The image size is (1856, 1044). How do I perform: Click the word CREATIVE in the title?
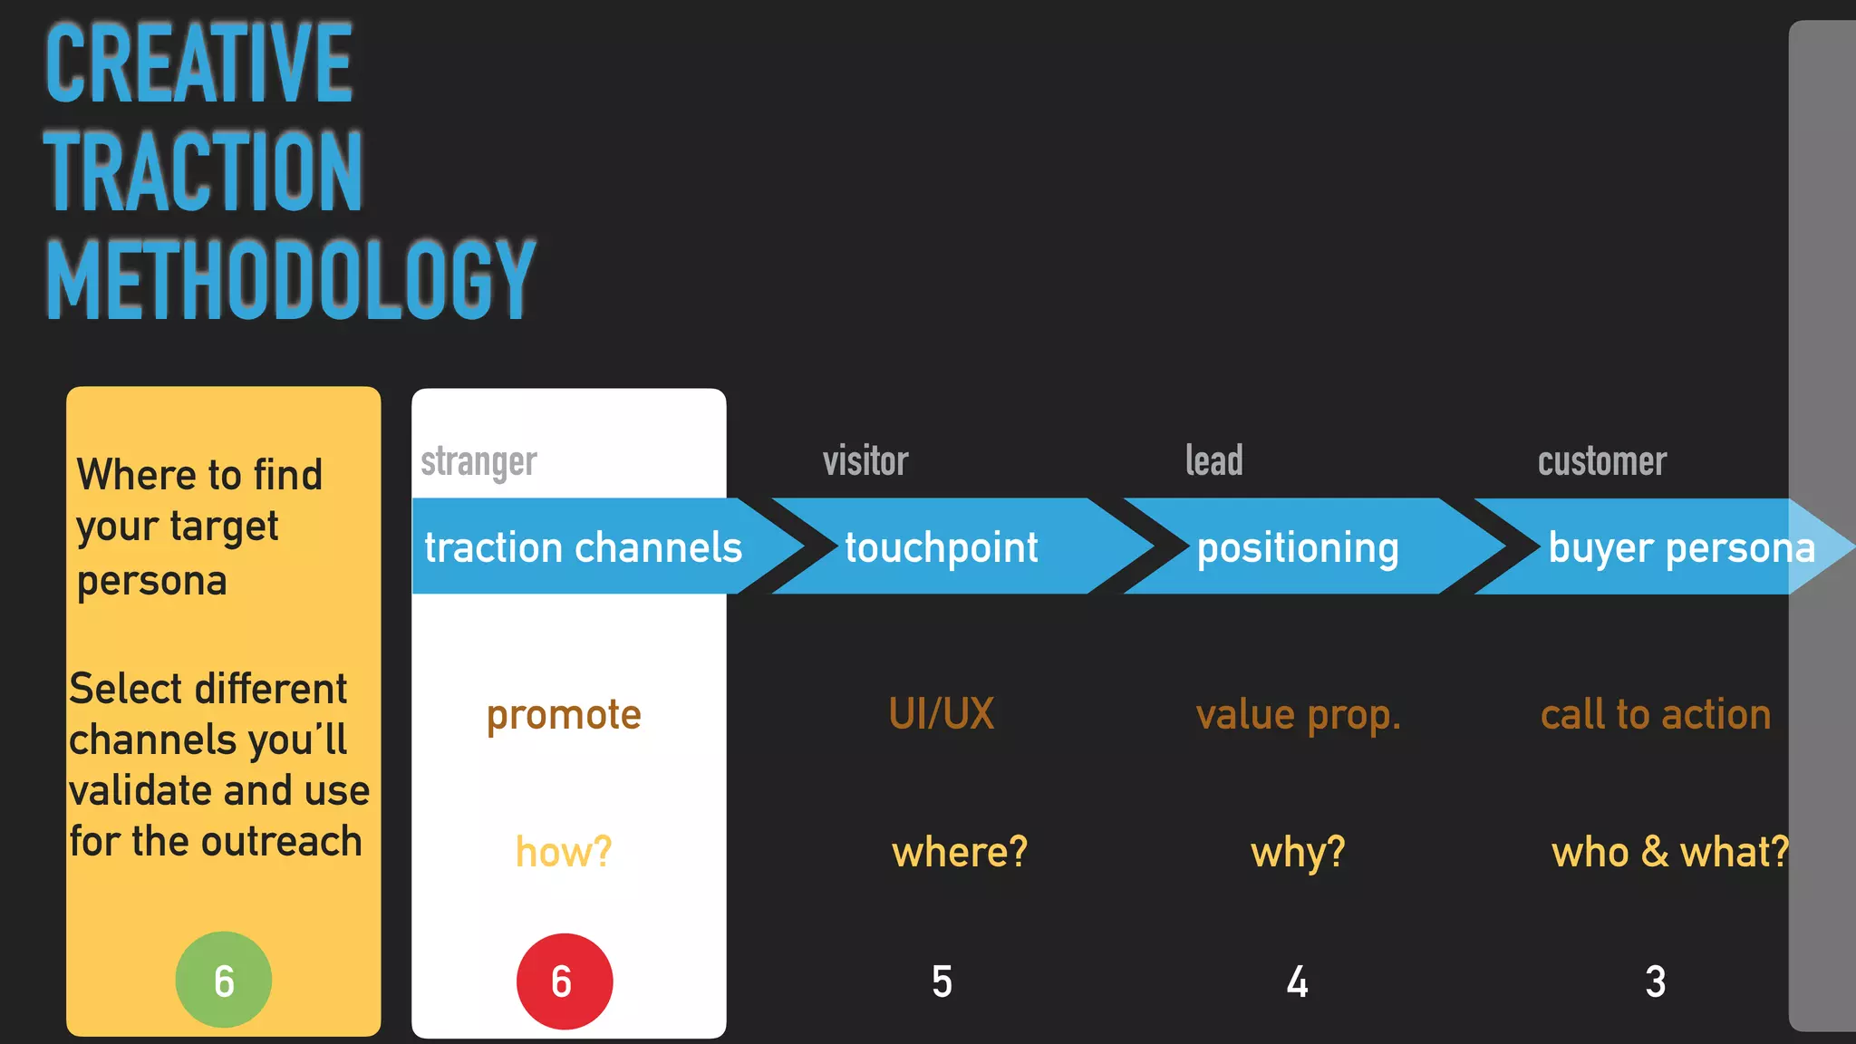(198, 63)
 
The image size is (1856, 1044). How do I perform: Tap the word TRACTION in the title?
(203, 171)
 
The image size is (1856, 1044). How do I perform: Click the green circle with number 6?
(223, 980)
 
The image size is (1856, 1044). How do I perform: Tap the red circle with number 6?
(564, 981)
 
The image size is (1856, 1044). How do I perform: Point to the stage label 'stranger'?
(478, 462)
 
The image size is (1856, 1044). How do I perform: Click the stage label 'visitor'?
(865, 461)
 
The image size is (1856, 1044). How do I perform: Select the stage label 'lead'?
(1213, 461)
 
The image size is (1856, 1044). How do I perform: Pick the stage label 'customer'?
(1601, 462)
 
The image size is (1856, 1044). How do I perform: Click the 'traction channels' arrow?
(584, 546)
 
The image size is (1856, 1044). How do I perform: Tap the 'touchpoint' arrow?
(942, 546)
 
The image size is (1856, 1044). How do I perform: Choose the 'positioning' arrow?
(1297, 547)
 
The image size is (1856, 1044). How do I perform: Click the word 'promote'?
(564, 715)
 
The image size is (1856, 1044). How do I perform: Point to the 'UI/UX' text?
(941, 714)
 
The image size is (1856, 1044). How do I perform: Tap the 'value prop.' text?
(1298, 715)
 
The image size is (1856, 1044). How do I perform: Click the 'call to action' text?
(1655, 715)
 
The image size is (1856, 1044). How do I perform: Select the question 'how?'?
(564, 852)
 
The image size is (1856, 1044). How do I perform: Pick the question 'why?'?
(1298, 853)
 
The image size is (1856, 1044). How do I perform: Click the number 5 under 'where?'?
(942, 981)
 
